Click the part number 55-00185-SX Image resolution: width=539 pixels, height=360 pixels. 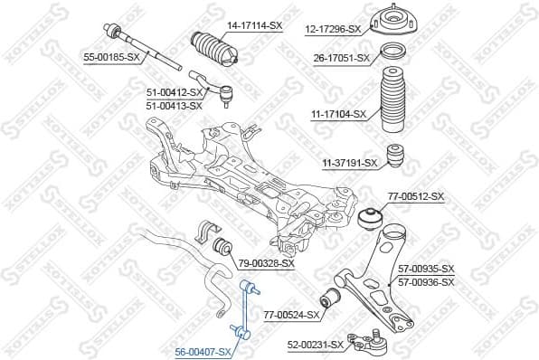click(112, 57)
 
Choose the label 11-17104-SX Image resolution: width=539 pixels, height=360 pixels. click(338, 114)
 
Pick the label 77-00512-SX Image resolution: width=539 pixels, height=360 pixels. click(416, 196)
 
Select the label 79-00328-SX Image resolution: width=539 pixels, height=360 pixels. click(266, 263)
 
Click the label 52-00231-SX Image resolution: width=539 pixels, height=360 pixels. click(316, 345)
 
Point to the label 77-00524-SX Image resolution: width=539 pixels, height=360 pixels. click(292, 315)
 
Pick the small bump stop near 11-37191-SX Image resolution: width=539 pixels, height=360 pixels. click(395, 156)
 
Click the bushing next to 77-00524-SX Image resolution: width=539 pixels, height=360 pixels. click(332, 296)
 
